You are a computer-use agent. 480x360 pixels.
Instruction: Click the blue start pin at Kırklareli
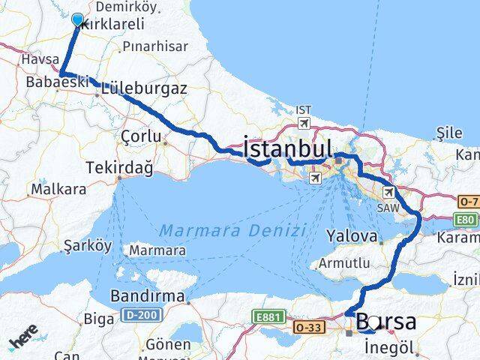(77, 20)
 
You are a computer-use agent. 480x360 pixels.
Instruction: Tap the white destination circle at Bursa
(374, 322)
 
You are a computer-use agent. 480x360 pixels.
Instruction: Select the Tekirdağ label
(120, 167)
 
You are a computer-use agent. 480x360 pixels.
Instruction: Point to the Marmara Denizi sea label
(232, 230)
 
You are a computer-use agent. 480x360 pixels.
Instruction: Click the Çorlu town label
(141, 136)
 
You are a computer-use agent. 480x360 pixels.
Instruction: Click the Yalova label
(351, 235)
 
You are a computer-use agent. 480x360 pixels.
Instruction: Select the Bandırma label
(147, 296)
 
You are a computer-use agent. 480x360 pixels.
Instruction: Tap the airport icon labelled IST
(304, 123)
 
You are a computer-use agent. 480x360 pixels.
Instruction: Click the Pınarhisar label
(154, 46)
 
